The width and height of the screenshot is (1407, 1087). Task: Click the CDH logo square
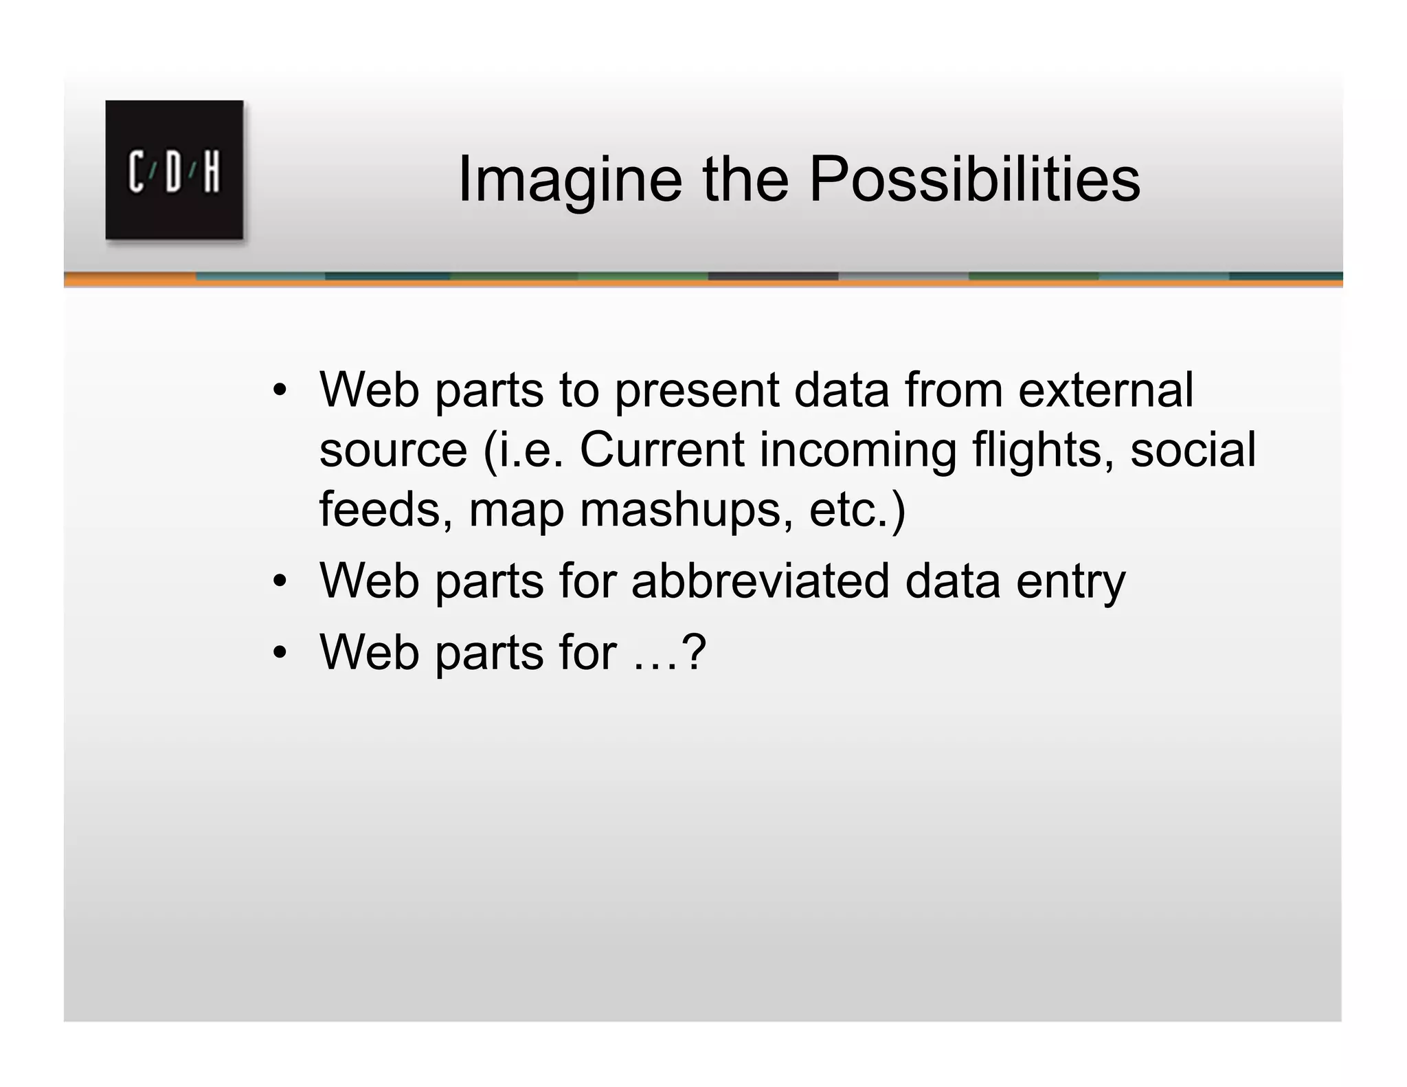point(174,170)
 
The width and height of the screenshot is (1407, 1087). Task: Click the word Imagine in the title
point(570,180)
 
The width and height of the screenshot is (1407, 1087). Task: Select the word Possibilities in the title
point(974,180)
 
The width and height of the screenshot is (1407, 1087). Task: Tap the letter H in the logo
point(211,172)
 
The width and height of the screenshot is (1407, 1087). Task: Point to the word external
point(1105,390)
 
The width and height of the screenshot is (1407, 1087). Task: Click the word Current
point(662,450)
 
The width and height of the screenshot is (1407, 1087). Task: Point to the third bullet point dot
point(278,653)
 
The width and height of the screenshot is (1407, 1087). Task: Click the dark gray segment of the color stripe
point(773,276)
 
